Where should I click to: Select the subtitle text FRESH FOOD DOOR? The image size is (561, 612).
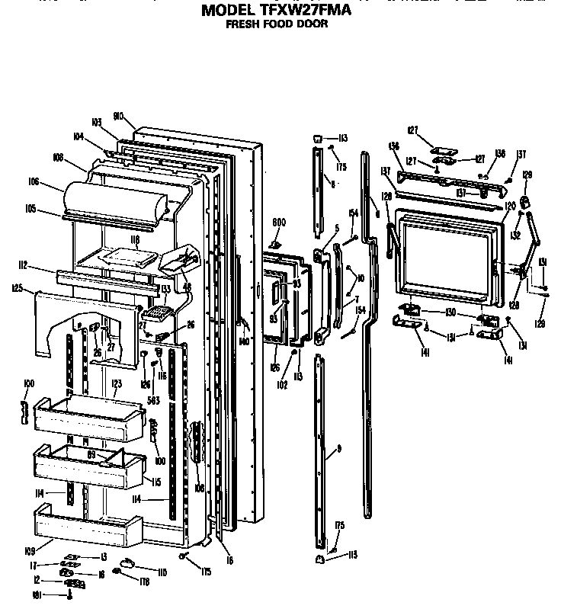pyautogui.click(x=276, y=24)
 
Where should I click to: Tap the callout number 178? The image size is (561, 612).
pyautogui.click(x=144, y=582)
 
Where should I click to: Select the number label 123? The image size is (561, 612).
pyautogui.click(x=117, y=384)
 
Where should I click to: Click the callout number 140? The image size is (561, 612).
pyautogui.click(x=243, y=341)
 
